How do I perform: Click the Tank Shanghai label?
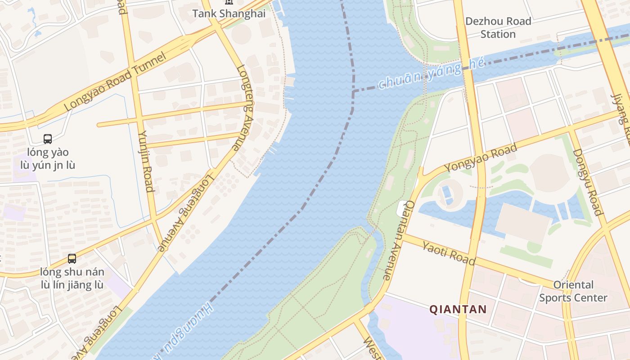click(x=229, y=13)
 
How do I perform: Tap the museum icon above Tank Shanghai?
click(x=229, y=2)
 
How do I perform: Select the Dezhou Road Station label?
click(x=498, y=27)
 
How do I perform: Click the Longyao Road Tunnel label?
click(x=115, y=82)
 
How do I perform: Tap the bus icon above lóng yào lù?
click(x=48, y=139)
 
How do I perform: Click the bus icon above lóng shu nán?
click(x=72, y=259)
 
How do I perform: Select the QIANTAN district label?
click(x=458, y=309)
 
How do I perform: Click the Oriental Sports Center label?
click(x=573, y=291)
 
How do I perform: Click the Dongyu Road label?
click(x=587, y=182)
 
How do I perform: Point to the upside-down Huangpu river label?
click(x=184, y=331)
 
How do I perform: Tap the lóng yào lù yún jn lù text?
click(x=48, y=159)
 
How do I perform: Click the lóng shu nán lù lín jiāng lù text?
click(x=72, y=278)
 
